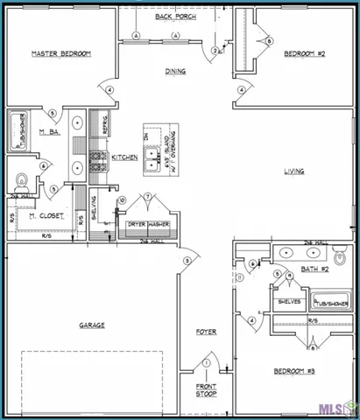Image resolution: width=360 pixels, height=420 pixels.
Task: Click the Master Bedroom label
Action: click(61, 53)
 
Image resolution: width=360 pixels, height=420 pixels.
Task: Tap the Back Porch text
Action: click(175, 17)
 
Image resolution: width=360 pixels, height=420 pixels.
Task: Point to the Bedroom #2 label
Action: click(305, 53)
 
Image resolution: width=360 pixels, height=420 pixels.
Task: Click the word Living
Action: click(293, 171)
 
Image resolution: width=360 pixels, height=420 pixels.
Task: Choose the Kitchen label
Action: click(123, 157)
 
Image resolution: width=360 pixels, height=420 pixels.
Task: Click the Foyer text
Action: click(206, 332)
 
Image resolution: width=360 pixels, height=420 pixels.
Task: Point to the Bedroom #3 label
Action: click(293, 372)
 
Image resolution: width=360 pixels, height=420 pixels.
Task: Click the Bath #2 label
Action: click(314, 269)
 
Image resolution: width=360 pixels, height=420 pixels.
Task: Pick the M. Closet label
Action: click(43, 215)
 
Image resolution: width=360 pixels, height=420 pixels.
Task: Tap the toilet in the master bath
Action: click(21, 182)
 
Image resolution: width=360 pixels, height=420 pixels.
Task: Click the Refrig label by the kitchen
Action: click(105, 123)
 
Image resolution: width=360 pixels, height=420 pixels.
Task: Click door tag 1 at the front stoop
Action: click(207, 363)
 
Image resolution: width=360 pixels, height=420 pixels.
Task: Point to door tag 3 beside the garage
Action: click(187, 262)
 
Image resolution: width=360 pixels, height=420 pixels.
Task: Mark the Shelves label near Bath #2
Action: click(289, 301)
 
